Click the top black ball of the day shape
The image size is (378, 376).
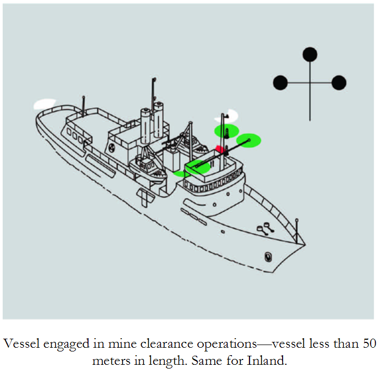(x=310, y=54)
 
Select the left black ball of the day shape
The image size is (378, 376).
(x=280, y=83)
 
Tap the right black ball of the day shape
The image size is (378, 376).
(x=339, y=83)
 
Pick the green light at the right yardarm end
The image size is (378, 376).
(x=248, y=140)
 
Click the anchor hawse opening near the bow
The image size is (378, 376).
(x=267, y=257)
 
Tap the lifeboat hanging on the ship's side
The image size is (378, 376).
(x=150, y=169)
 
